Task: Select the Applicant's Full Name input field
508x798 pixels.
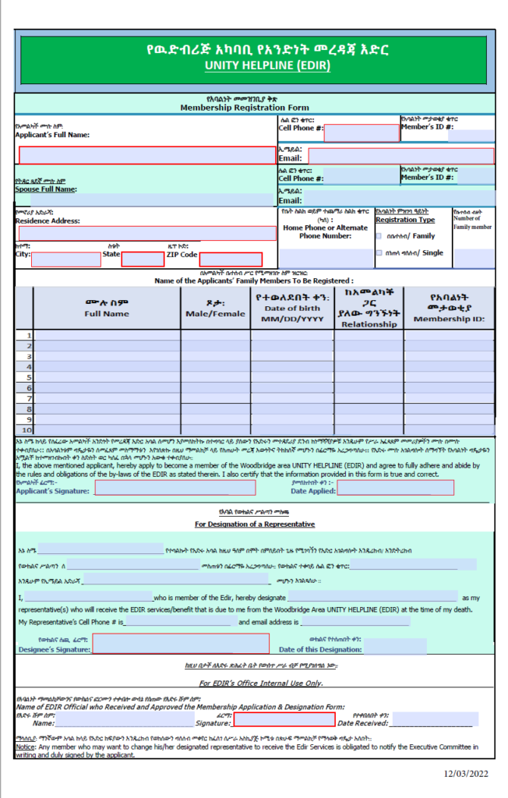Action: (147, 154)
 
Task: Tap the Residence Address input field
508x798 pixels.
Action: (147, 233)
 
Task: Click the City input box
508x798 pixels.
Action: (66, 260)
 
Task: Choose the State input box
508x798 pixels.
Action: (143, 260)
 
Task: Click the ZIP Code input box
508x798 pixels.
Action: (230, 260)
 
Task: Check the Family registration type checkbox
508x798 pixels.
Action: (379, 235)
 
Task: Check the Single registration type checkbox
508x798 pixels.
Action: (379, 252)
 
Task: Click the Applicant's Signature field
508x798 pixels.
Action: (175, 489)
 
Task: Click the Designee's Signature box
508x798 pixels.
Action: (181, 644)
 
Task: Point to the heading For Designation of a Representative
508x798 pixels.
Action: (255, 524)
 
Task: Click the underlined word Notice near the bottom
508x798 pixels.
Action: (25, 746)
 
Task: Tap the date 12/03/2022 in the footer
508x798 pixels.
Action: (467, 773)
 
